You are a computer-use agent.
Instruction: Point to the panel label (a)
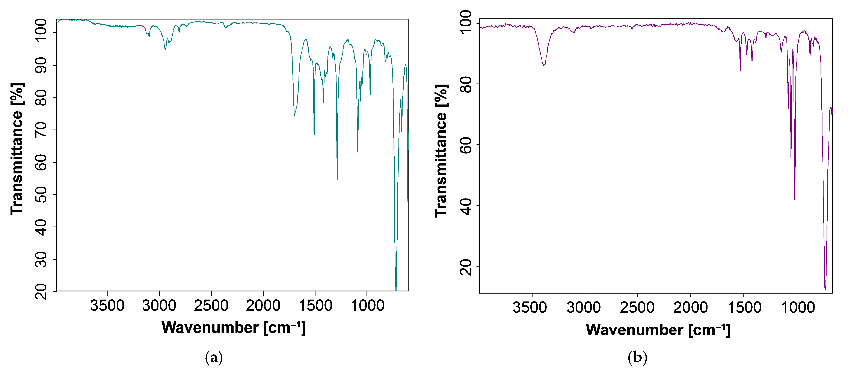point(214,357)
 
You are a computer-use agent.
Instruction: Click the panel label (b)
point(637,357)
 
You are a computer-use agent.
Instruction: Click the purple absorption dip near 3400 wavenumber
point(544,65)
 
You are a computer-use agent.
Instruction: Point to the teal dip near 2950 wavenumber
point(165,49)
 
